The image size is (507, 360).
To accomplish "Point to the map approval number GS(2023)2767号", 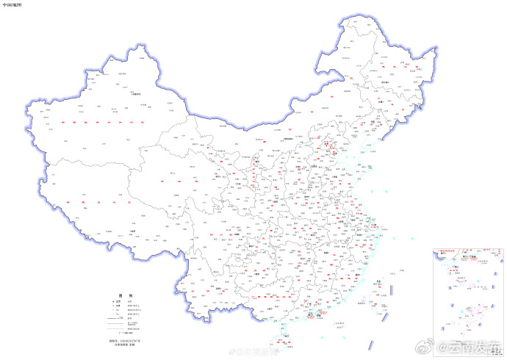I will pos(124,342).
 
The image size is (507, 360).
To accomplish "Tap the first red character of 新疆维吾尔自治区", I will pos(65,122).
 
